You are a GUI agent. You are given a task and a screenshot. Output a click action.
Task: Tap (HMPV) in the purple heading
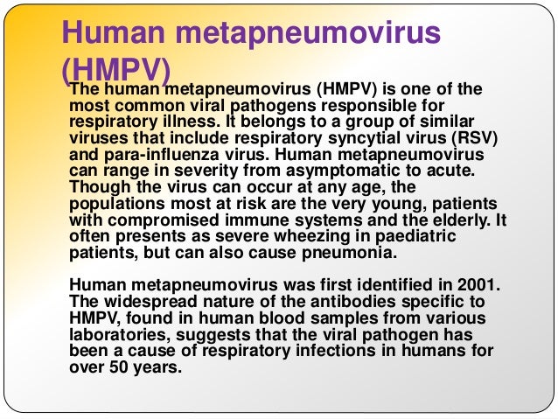(117, 73)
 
